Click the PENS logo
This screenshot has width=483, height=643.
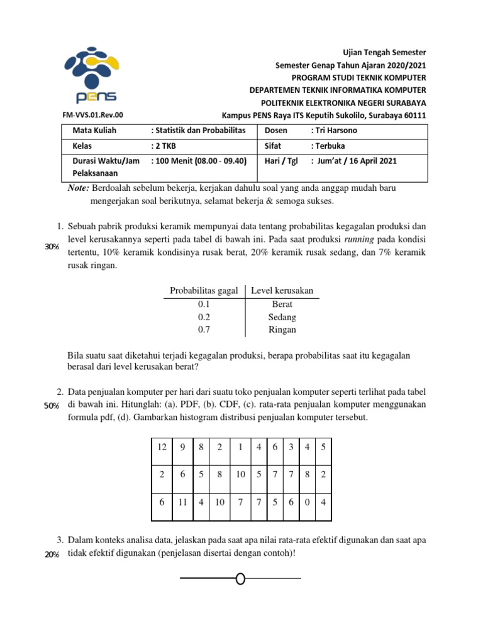click(91, 74)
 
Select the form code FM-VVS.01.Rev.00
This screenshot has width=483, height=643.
click(93, 116)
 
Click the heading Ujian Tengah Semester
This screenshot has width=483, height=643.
click(392, 52)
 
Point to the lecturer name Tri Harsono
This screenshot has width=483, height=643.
click(336, 131)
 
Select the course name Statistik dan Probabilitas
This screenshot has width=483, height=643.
click(201, 131)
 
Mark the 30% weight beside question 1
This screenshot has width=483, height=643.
click(51, 247)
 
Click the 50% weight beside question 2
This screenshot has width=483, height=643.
click(51, 406)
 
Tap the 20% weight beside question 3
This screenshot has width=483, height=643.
click(51, 554)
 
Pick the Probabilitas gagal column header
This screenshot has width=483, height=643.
click(204, 290)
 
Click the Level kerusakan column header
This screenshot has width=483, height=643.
click(282, 290)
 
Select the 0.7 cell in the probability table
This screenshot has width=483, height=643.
click(204, 330)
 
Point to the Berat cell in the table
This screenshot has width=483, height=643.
click(282, 304)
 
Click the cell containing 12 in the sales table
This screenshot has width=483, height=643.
click(162, 447)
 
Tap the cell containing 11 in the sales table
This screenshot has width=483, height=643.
click(183, 503)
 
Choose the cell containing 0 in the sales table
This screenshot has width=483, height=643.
click(306, 503)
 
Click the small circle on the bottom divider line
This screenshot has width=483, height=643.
click(240, 578)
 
